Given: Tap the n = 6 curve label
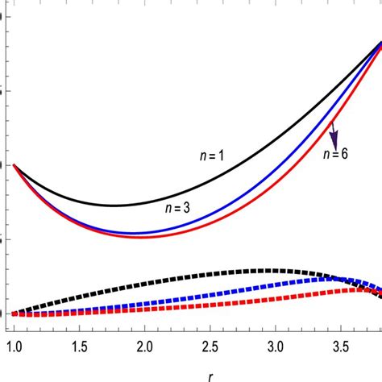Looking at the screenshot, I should [x=335, y=155].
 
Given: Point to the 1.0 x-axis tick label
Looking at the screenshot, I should [x=15, y=346].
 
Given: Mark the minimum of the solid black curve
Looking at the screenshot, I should [x=114, y=205].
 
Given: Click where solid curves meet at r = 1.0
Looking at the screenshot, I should [x=15, y=165].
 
